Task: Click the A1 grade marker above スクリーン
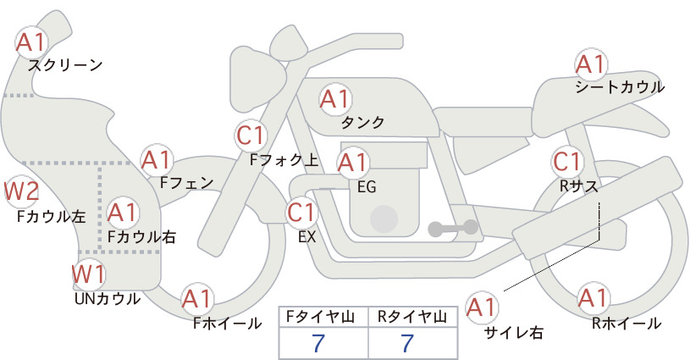pyautogui.click(x=30, y=42)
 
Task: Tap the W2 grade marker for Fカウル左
pyautogui.click(x=21, y=191)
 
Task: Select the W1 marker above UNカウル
pyautogui.click(x=89, y=274)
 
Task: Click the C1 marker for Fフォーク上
pyautogui.click(x=251, y=136)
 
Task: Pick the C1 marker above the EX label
pyautogui.click(x=302, y=212)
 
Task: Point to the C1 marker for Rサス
pyautogui.click(x=567, y=162)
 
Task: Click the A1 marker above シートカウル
pyautogui.click(x=591, y=65)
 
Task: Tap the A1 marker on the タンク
pyautogui.click(x=335, y=99)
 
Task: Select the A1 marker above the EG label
pyautogui.click(x=353, y=163)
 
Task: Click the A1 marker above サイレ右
pyautogui.click(x=482, y=307)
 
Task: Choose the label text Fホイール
pyautogui.click(x=227, y=324)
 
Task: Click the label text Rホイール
pyautogui.click(x=627, y=324)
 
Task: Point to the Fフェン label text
pyautogui.click(x=186, y=182)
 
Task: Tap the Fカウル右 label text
pyautogui.click(x=141, y=236)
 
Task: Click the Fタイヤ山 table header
pyautogui.click(x=320, y=317)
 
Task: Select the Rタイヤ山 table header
pyautogui.click(x=412, y=317)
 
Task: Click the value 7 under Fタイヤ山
pyautogui.click(x=318, y=343)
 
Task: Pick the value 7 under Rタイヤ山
pyautogui.click(x=407, y=343)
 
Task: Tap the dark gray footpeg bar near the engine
pyautogui.click(x=453, y=228)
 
